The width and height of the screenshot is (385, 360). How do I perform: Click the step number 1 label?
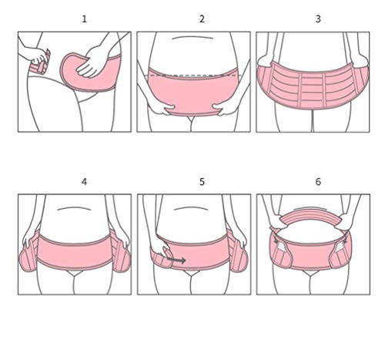click(84, 19)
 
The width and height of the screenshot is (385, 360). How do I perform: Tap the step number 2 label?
click(202, 19)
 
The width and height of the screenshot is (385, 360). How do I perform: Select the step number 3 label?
click(318, 19)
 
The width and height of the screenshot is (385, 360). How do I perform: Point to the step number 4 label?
click(84, 182)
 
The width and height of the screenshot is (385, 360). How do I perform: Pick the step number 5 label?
click(202, 182)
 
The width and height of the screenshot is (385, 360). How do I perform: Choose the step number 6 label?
click(318, 182)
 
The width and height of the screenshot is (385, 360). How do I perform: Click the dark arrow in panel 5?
click(176, 261)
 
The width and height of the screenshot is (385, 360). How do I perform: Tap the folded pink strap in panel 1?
click(41, 63)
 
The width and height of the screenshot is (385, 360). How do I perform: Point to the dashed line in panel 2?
click(193, 76)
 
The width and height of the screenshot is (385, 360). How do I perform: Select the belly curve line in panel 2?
click(192, 37)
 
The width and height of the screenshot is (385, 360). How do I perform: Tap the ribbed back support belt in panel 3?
click(313, 86)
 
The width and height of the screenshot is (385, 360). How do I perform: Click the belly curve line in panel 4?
click(74, 208)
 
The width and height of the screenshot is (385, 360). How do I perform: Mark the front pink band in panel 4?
click(75, 251)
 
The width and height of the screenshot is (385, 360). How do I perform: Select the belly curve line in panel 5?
click(191, 208)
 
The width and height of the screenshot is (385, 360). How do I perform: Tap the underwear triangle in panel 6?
click(310, 273)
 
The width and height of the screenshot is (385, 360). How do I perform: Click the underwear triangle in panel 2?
click(191, 119)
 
